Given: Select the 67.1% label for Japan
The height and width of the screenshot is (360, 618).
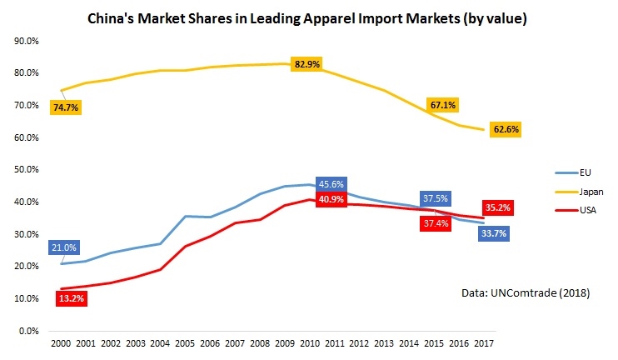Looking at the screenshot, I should coord(442,105).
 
